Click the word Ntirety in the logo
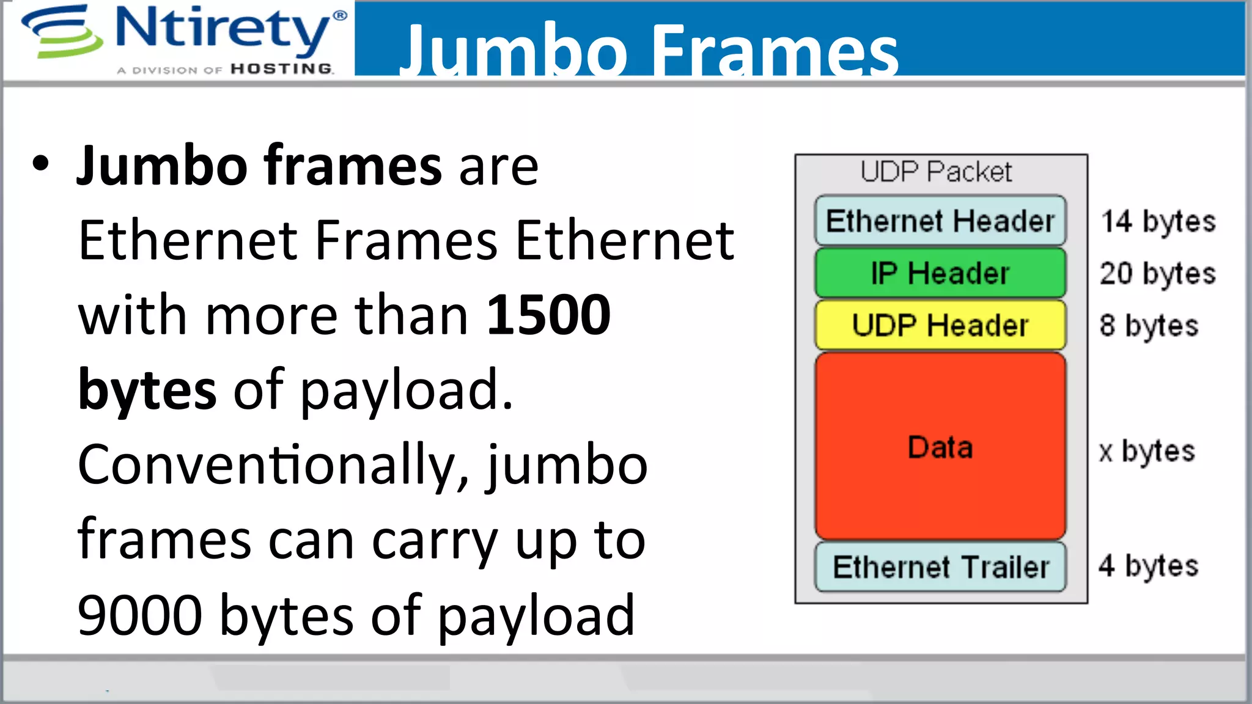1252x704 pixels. (223, 29)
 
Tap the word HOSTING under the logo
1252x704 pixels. (281, 69)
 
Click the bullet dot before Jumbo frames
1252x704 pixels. (40, 164)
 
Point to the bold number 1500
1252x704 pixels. (548, 315)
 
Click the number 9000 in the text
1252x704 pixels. (139, 615)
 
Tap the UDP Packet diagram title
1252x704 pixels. (936, 172)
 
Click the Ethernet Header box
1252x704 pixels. (940, 221)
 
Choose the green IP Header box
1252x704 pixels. (940, 273)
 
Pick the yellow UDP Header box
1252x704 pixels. (940, 325)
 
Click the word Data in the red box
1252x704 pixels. (940, 447)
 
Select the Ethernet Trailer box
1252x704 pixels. (940, 566)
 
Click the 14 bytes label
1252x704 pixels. (1158, 221)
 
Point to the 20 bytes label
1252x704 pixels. (1157, 273)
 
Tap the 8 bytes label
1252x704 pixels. (1149, 326)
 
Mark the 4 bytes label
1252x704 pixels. (1148, 566)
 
